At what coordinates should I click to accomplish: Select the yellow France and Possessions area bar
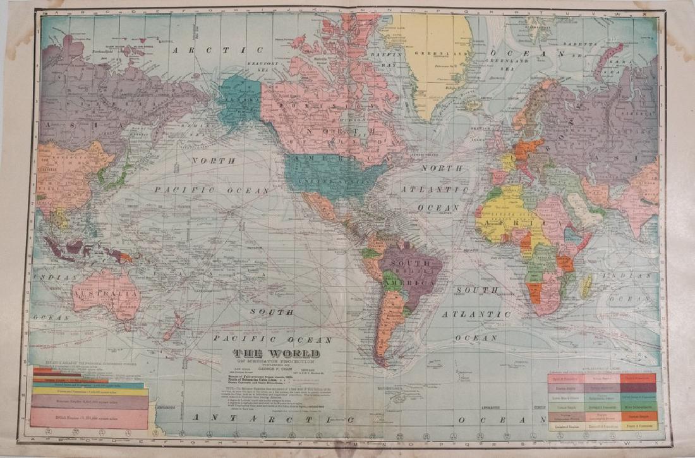click(88, 392)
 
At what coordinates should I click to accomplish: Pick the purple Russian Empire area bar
click(88, 402)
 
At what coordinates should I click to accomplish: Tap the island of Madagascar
click(587, 285)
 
